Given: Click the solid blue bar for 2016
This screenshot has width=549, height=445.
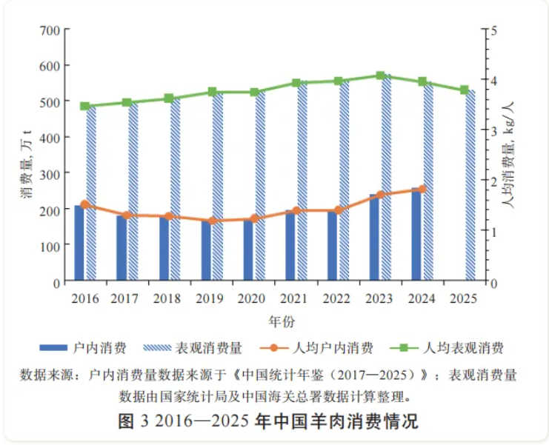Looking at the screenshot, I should pyautogui.click(x=79, y=244).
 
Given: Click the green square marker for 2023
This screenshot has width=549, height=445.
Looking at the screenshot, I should pyautogui.click(x=380, y=76).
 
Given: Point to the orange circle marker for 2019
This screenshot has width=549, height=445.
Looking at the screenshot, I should pyautogui.click(x=213, y=221).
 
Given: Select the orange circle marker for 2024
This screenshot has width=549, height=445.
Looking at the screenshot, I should pyautogui.click(x=422, y=189).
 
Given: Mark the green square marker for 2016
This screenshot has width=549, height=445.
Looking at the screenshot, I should pyautogui.click(x=85, y=107).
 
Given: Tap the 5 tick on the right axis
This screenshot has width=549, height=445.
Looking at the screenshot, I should pyautogui.click(x=490, y=30).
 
